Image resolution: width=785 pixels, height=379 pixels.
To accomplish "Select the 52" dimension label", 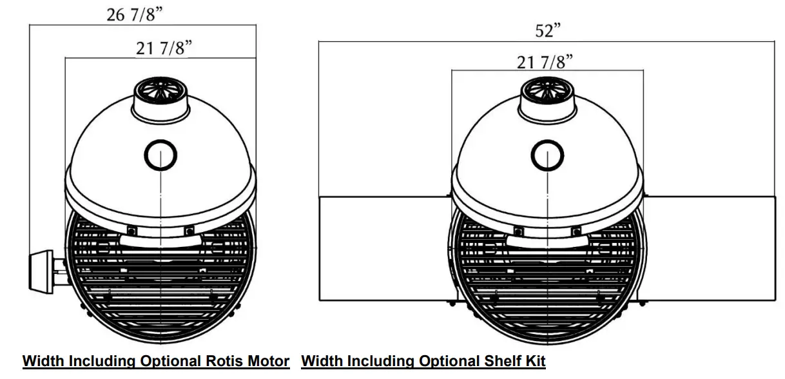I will click(x=548, y=31).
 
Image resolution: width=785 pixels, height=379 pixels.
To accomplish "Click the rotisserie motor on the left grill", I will click(x=43, y=270).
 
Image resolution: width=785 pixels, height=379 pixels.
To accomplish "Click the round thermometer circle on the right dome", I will click(x=547, y=155).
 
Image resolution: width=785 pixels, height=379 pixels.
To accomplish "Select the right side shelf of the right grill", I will click(x=709, y=248).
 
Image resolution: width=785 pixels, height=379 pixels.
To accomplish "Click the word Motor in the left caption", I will click(x=266, y=362).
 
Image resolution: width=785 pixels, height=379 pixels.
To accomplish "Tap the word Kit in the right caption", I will click(x=534, y=362).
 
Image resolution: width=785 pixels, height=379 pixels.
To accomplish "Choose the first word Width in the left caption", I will click(x=43, y=362).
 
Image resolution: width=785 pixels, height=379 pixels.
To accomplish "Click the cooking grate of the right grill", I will click(x=547, y=284).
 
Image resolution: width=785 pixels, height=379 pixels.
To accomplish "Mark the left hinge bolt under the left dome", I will click(x=131, y=230).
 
